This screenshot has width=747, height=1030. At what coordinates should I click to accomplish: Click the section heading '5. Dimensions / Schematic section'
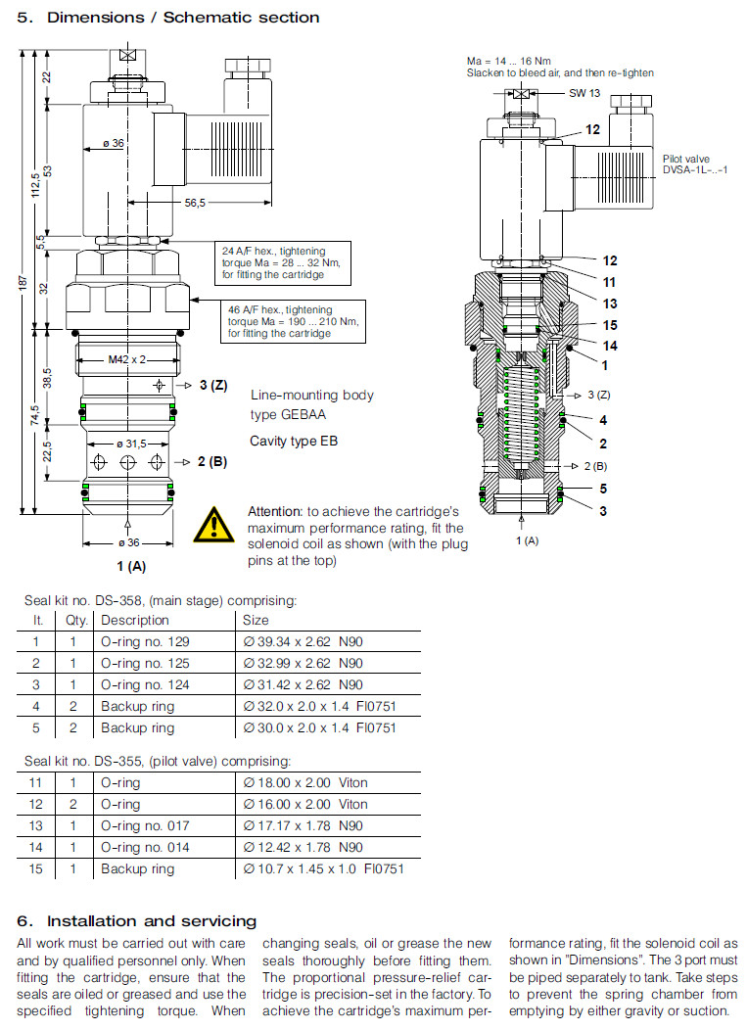pyautogui.click(x=168, y=17)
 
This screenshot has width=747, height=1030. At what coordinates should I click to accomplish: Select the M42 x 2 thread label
pyautogui.click(x=127, y=359)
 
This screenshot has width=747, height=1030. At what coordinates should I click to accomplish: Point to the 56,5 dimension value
pyautogui.click(x=195, y=203)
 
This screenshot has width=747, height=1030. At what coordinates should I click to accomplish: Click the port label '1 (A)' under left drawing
pyautogui.click(x=131, y=565)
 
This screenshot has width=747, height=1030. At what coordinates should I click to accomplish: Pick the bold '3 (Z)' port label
pyautogui.click(x=212, y=385)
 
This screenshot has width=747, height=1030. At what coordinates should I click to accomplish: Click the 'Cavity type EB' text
pyautogui.click(x=294, y=442)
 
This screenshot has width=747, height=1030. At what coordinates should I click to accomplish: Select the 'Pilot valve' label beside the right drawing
pyautogui.click(x=685, y=158)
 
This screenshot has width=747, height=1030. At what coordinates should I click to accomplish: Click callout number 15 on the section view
pyautogui.click(x=610, y=325)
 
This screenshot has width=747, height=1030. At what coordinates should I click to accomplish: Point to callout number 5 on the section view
pyautogui.click(x=603, y=488)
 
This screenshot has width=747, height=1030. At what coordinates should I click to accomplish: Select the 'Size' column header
pyautogui.click(x=256, y=621)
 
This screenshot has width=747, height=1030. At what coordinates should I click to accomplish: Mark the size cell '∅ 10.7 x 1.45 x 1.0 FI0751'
pyautogui.click(x=323, y=869)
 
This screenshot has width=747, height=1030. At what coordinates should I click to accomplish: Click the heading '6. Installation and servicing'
pyautogui.click(x=137, y=921)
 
